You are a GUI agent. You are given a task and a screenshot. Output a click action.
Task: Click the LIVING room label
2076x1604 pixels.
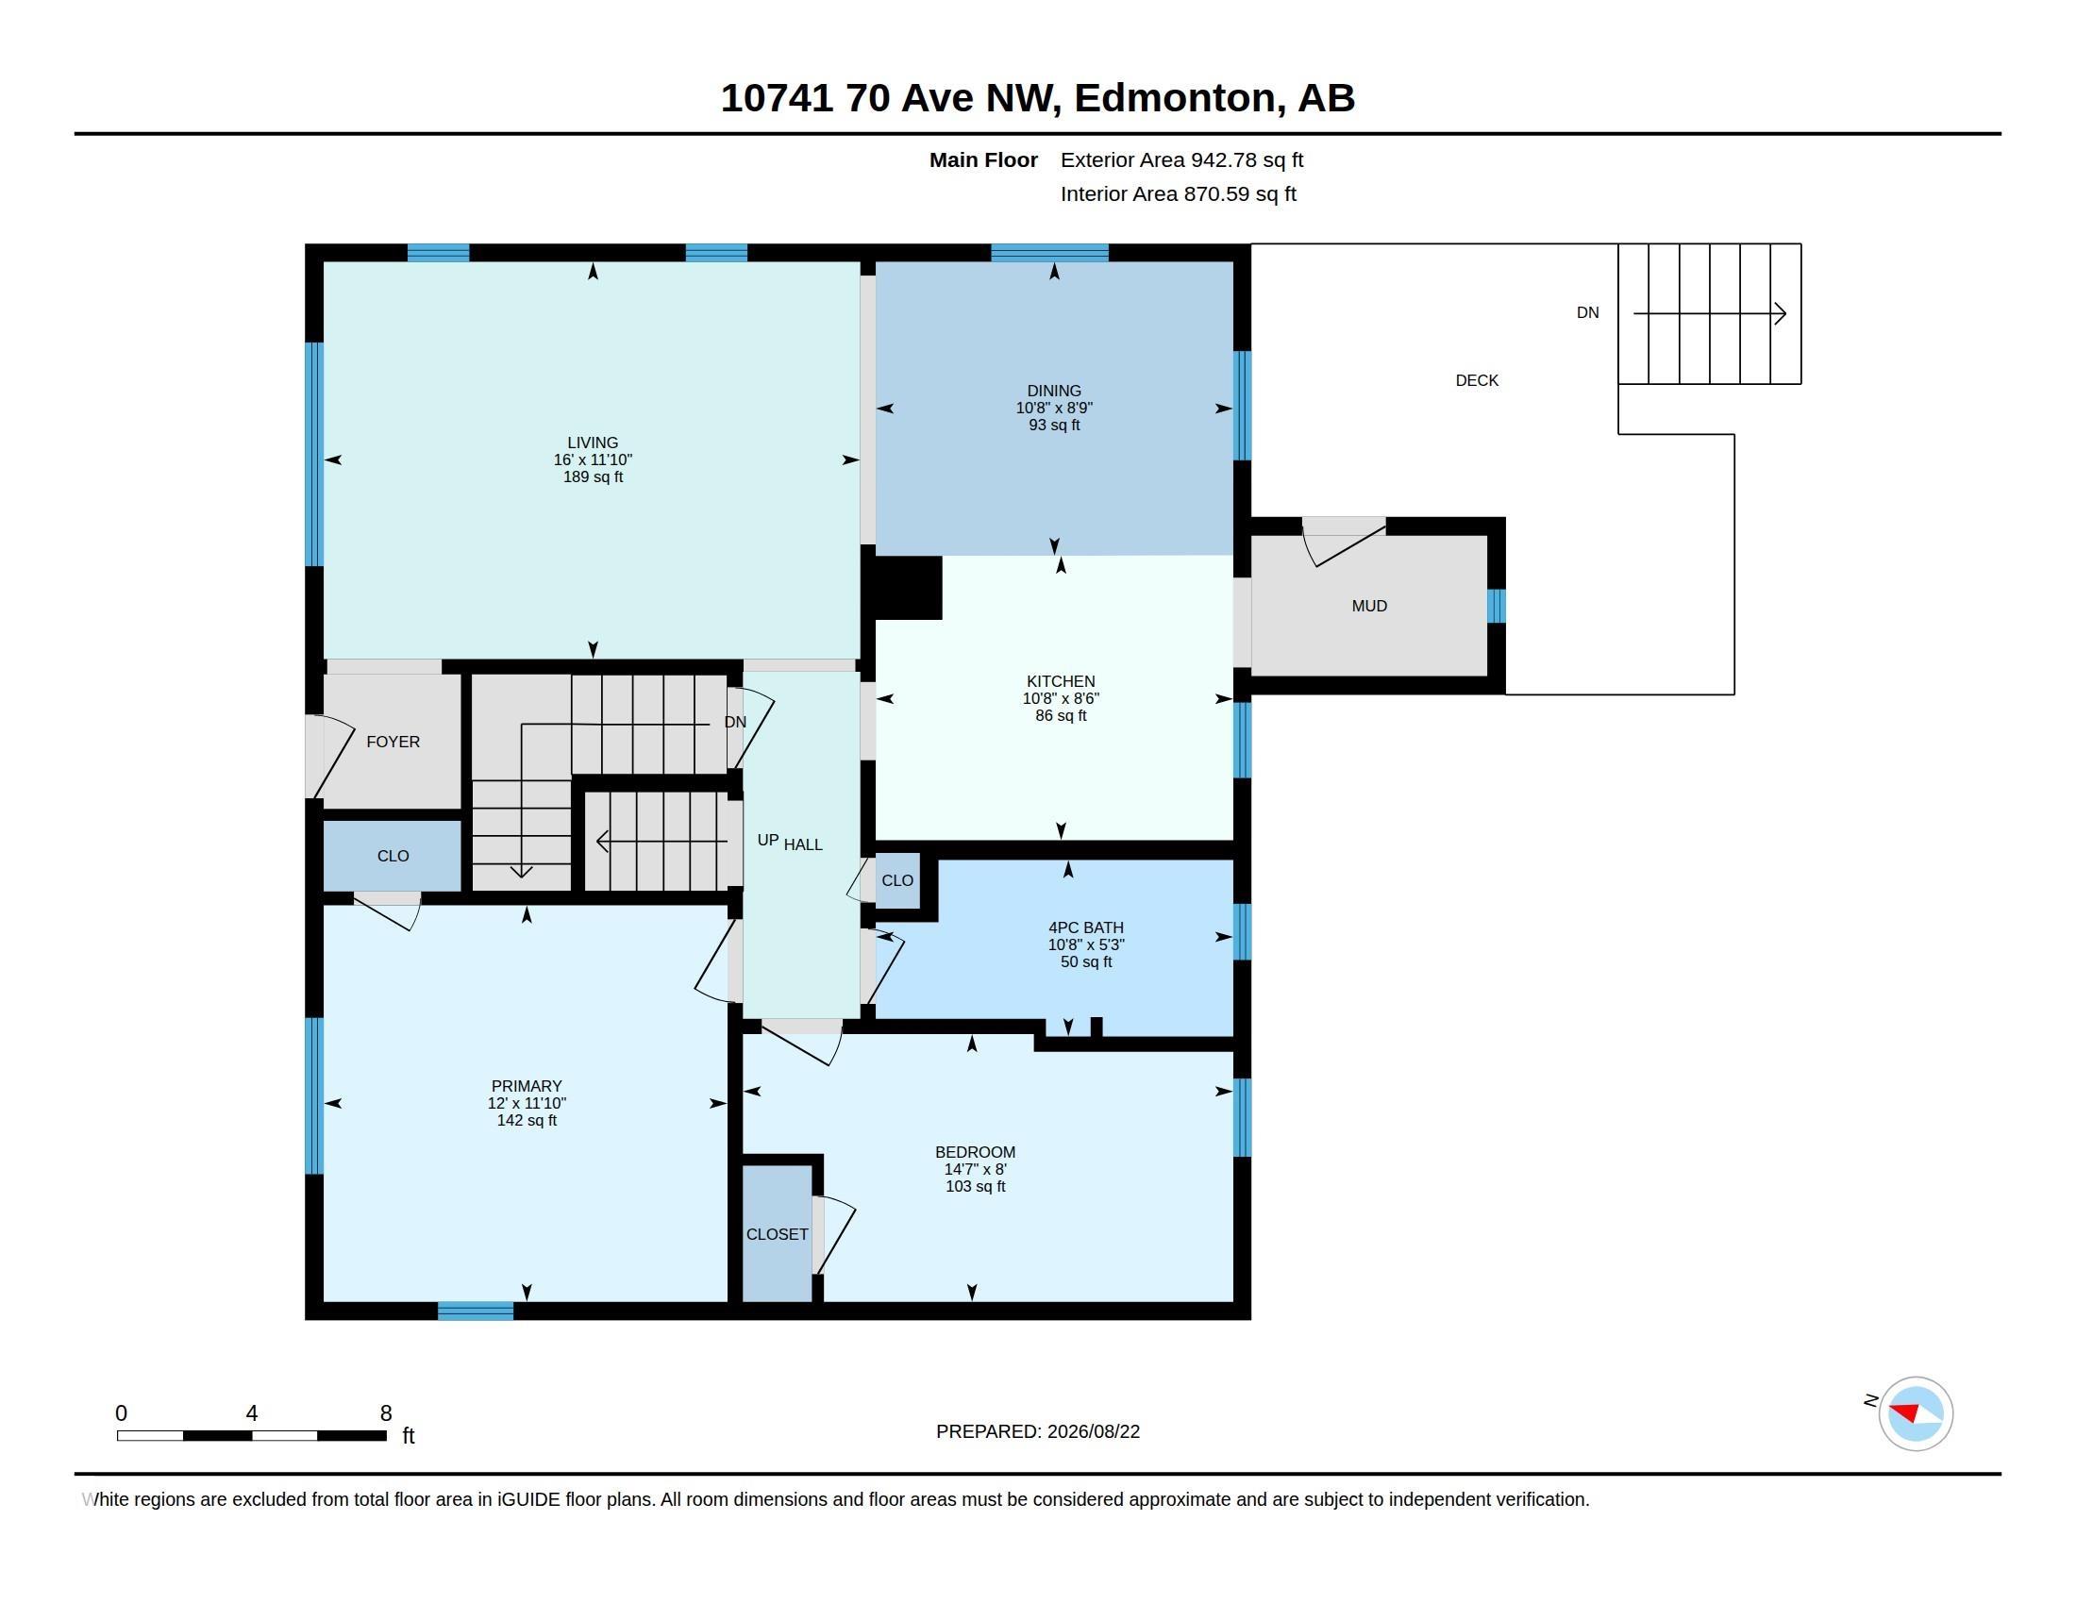pos(593,443)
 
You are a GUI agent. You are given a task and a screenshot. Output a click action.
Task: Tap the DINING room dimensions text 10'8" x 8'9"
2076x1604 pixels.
pos(1053,408)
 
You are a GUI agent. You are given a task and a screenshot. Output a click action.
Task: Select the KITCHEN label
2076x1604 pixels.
pos(1060,681)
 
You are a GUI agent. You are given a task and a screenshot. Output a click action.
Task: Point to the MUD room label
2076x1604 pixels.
pos(1369,607)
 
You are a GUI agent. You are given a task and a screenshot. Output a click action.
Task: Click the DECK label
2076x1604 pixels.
pos(1476,380)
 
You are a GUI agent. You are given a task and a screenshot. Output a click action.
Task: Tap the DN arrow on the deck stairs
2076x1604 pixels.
pos(1709,312)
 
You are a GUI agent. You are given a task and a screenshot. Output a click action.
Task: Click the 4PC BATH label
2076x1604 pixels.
pos(1085,927)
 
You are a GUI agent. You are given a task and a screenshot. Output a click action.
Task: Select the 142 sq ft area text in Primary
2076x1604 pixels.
pos(527,1120)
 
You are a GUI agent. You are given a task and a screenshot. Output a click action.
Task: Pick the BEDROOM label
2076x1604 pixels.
pos(975,1153)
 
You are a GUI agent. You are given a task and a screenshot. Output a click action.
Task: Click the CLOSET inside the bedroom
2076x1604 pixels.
pos(777,1233)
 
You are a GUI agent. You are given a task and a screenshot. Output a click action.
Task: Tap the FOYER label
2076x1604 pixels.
pos(393,743)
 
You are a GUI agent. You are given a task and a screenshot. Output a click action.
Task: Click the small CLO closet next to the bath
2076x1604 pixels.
pos(896,881)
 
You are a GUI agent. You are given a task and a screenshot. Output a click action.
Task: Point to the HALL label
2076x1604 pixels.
pos(803,844)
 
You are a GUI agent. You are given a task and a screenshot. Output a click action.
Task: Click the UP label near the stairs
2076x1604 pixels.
pos(768,840)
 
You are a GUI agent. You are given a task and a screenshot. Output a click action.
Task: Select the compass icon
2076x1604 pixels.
pos(1916,1413)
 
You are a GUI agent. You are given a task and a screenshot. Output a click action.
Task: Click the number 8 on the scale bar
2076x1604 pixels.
pos(386,1413)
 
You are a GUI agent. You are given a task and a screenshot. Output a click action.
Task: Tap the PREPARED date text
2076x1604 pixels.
pos(1037,1431)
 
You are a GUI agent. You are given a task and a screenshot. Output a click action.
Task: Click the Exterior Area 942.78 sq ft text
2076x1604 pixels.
pos(1181,159)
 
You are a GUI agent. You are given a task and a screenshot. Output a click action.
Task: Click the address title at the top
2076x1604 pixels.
pos(1037,98)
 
